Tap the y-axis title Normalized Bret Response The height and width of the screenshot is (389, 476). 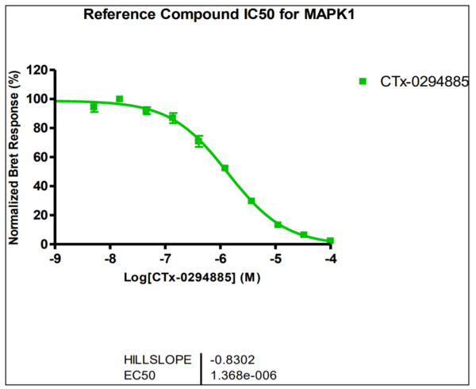[x=13, y=157]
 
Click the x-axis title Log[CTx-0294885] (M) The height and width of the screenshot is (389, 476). [x=193, y=278]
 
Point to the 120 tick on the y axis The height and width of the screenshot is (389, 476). [x=36, y=70]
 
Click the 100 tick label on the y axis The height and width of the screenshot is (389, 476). [x=36, y=99]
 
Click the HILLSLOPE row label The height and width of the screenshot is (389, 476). [x=157, y=360]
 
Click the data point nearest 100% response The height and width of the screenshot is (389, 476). [x=120, y=99]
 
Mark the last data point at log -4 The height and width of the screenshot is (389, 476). [x=330, y=241]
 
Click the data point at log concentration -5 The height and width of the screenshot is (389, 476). [x=278, y=225]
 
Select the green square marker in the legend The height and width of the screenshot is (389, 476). [x=363, y=81]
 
